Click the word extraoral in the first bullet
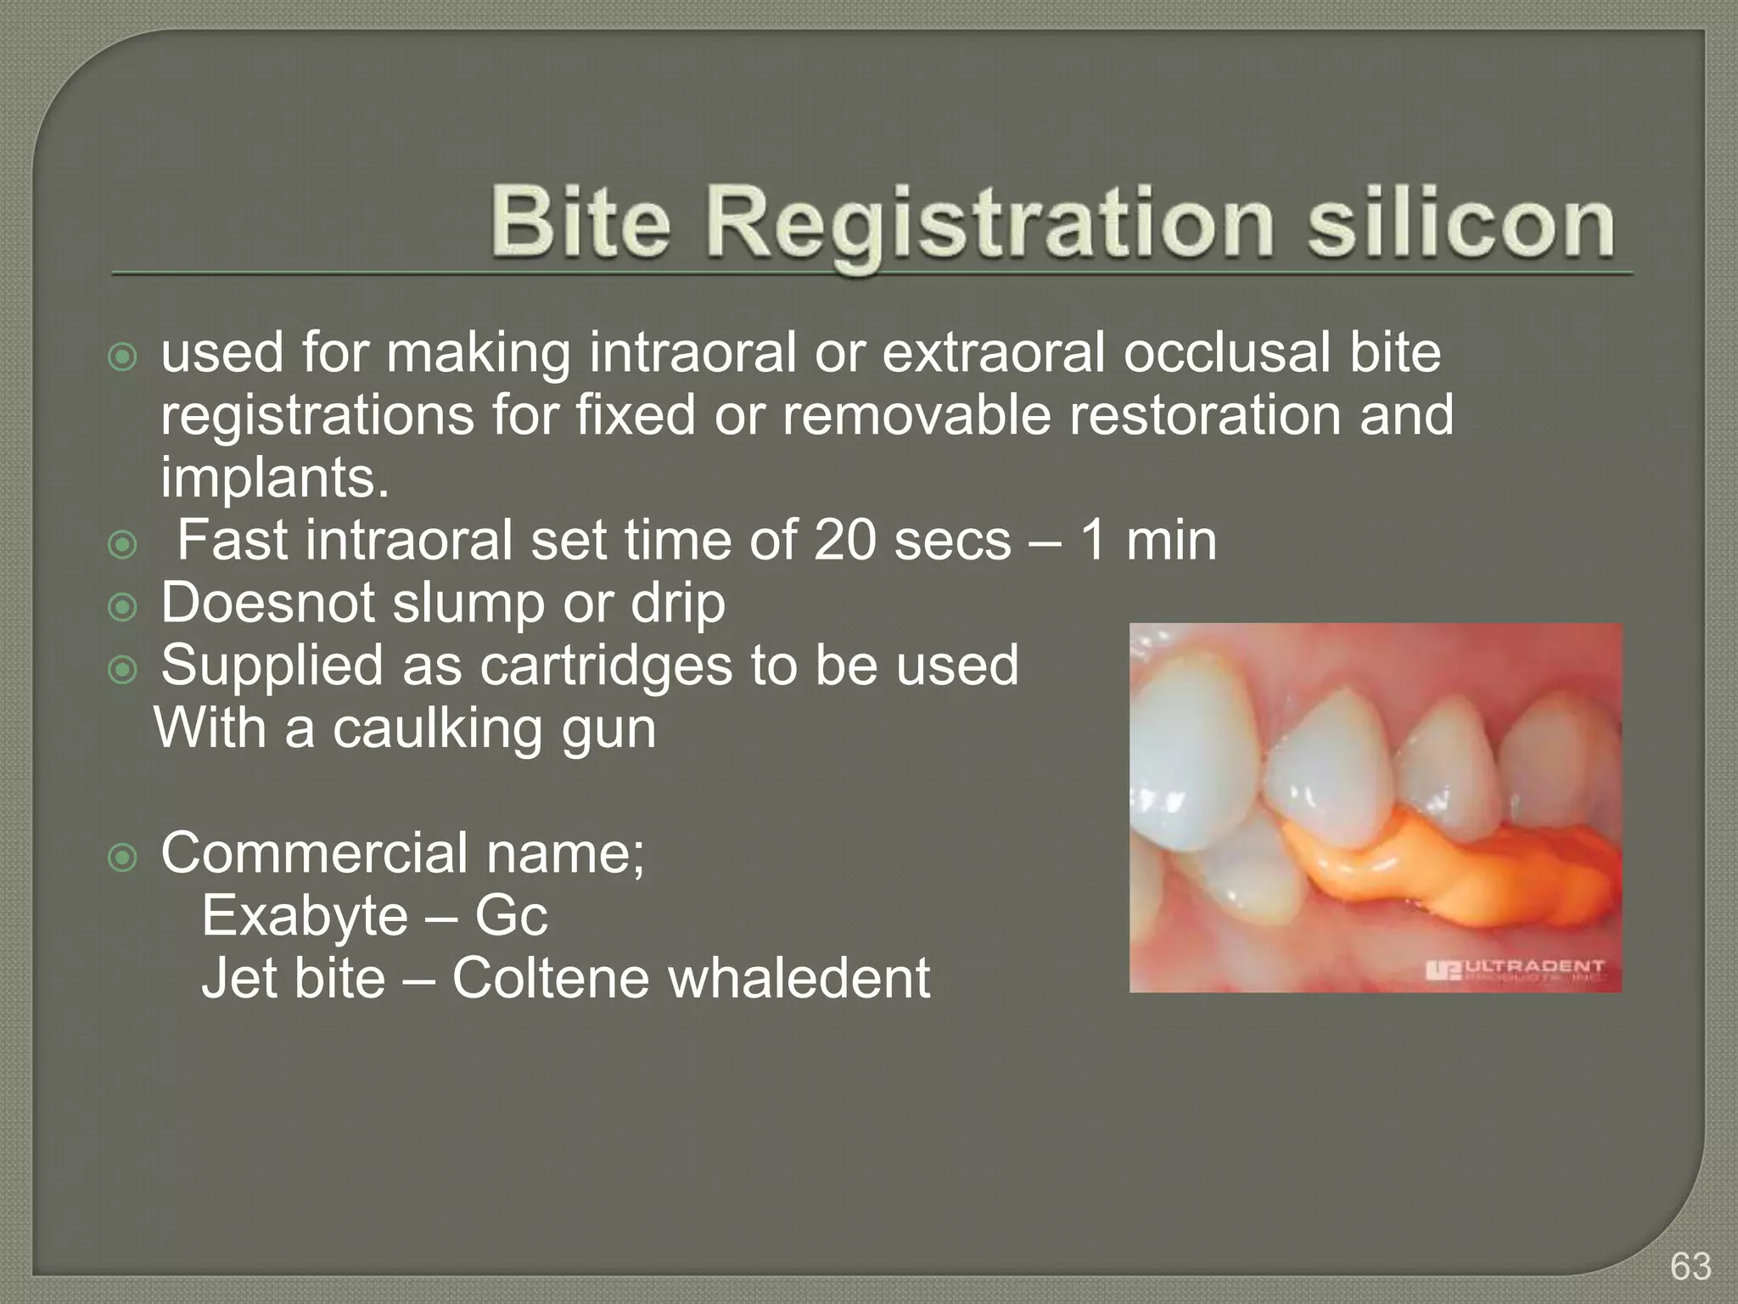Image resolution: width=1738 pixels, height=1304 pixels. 993,353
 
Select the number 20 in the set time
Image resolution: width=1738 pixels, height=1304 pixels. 844,540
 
